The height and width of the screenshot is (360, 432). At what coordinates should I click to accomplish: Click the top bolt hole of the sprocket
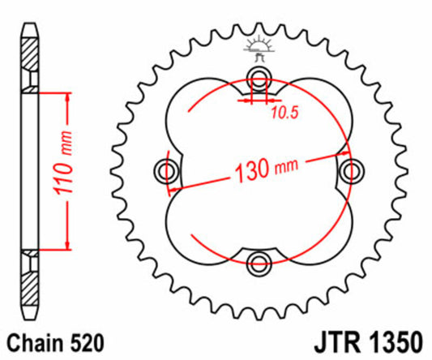pos(259,78)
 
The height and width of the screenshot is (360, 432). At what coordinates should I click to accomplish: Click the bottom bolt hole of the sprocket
pos(259,261)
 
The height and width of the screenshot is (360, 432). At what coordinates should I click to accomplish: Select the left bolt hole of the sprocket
pos(168,169)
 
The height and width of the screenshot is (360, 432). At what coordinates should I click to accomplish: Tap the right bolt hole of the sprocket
pos(351,169)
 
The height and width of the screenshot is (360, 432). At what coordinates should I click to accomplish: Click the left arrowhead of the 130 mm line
pos(174,187)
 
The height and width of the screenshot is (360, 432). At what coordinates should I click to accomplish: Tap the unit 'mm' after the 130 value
pos(287,166)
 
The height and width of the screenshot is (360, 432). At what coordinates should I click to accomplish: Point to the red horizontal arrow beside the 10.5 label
pos(258,103)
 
